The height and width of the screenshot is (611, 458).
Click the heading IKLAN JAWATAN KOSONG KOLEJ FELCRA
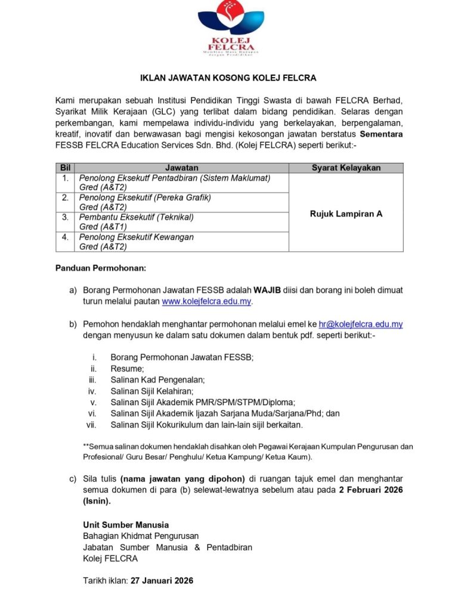(x=228, y=78)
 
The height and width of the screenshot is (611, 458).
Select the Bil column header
(x=66, y=168)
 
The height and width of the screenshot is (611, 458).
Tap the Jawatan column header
(x=181, y=168)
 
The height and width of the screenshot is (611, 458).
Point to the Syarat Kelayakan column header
(x=346, y=168)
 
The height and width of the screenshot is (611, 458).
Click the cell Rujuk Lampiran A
(x=346, y=213)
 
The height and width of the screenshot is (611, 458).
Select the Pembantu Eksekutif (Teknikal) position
(x=137, y=217)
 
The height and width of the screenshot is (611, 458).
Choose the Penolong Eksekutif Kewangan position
(x=137, y=237)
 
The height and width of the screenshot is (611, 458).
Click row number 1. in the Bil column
(x=65, y=178)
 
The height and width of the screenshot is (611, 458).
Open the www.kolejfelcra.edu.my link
(x=207, y=302)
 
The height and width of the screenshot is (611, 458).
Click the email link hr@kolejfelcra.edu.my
(x=361, y=325)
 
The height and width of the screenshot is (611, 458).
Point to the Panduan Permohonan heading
(x=100, y=268)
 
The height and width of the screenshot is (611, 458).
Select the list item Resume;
(x=127, y=369)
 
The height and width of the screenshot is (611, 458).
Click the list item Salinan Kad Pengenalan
(x=157, y=380)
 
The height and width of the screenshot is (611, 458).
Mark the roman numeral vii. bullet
(x=91, y=425)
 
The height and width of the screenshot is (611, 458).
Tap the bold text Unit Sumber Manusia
(x=126, y=525)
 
